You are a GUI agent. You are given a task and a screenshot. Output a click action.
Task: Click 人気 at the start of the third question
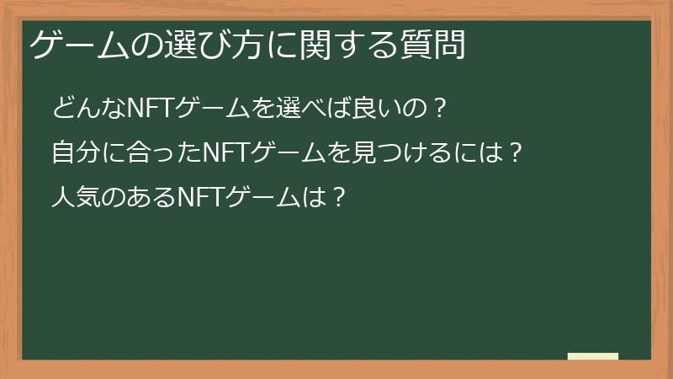coord(73,198)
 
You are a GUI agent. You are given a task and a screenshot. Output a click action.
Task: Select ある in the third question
coord(144,198)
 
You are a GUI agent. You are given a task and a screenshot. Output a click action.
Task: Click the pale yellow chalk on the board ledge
coord(592,356)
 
